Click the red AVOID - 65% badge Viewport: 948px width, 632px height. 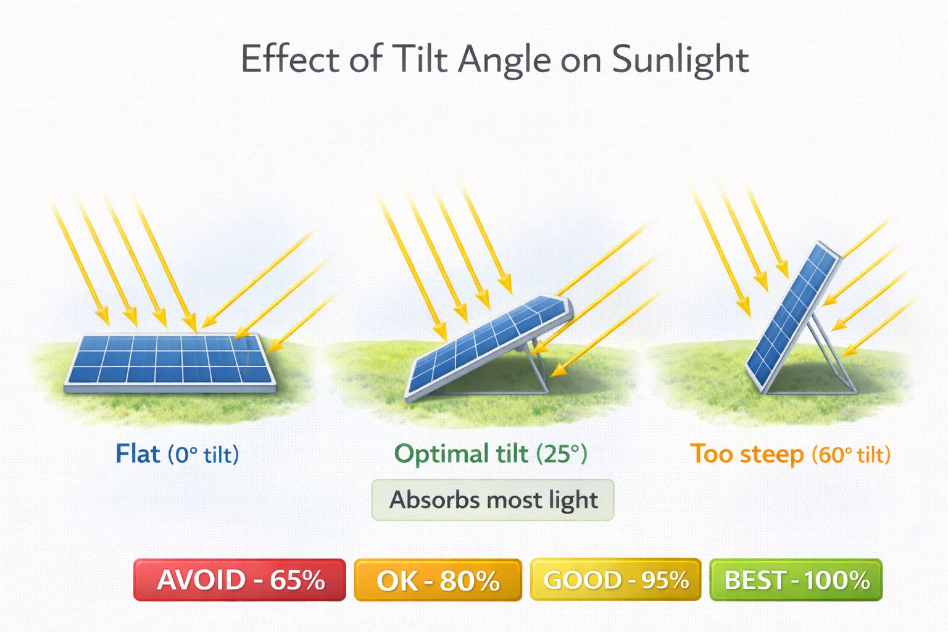239,580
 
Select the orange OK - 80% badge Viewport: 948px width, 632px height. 438,580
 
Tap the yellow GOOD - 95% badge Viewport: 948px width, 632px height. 615,580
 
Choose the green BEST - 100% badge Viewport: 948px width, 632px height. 796,580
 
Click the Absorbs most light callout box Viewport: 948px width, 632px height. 493,500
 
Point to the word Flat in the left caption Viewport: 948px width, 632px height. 138,454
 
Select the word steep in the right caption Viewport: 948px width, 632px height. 771,454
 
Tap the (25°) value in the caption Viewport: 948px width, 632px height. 562,454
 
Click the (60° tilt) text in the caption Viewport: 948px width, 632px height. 850,455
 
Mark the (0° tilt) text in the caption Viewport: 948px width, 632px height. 203,455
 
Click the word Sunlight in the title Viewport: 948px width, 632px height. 680,60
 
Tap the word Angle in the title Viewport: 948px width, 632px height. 504,60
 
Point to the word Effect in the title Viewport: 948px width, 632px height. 290,60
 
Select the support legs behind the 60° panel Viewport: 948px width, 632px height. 830,358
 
